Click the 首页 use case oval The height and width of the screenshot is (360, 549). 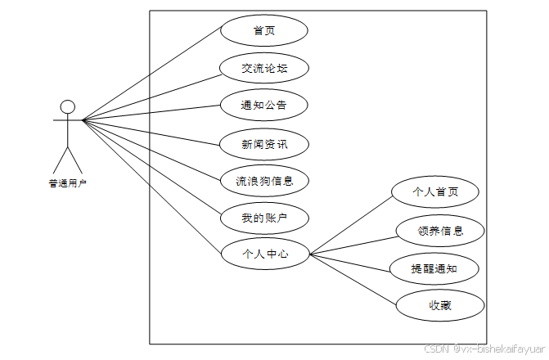click(x=264, y=30)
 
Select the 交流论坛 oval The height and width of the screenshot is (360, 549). click(x=264, y=68)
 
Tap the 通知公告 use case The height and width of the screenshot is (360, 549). click(x=264, y=106)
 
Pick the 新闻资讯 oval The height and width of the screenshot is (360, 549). click(x=264, y=143)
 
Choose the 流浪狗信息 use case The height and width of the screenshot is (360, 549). click(x=264, y=181)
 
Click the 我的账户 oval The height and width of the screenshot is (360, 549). click(x=264, y=218)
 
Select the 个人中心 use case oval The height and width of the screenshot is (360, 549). click(x=265, y=254)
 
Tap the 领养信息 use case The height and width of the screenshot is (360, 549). click(x=440, y=232)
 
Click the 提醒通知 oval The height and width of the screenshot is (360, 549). click(x=434, y=268)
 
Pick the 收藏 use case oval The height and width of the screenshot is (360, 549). click(x=440, y=306)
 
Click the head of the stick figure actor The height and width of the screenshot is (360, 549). click(x=68, y=106)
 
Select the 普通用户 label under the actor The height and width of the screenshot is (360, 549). click(x=68, y=183)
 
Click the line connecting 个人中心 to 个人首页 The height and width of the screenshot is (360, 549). click(x=352, y=227)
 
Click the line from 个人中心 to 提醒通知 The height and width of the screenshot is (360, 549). click(x=352, y=260)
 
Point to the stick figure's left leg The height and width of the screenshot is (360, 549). click(x=60, y=159)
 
